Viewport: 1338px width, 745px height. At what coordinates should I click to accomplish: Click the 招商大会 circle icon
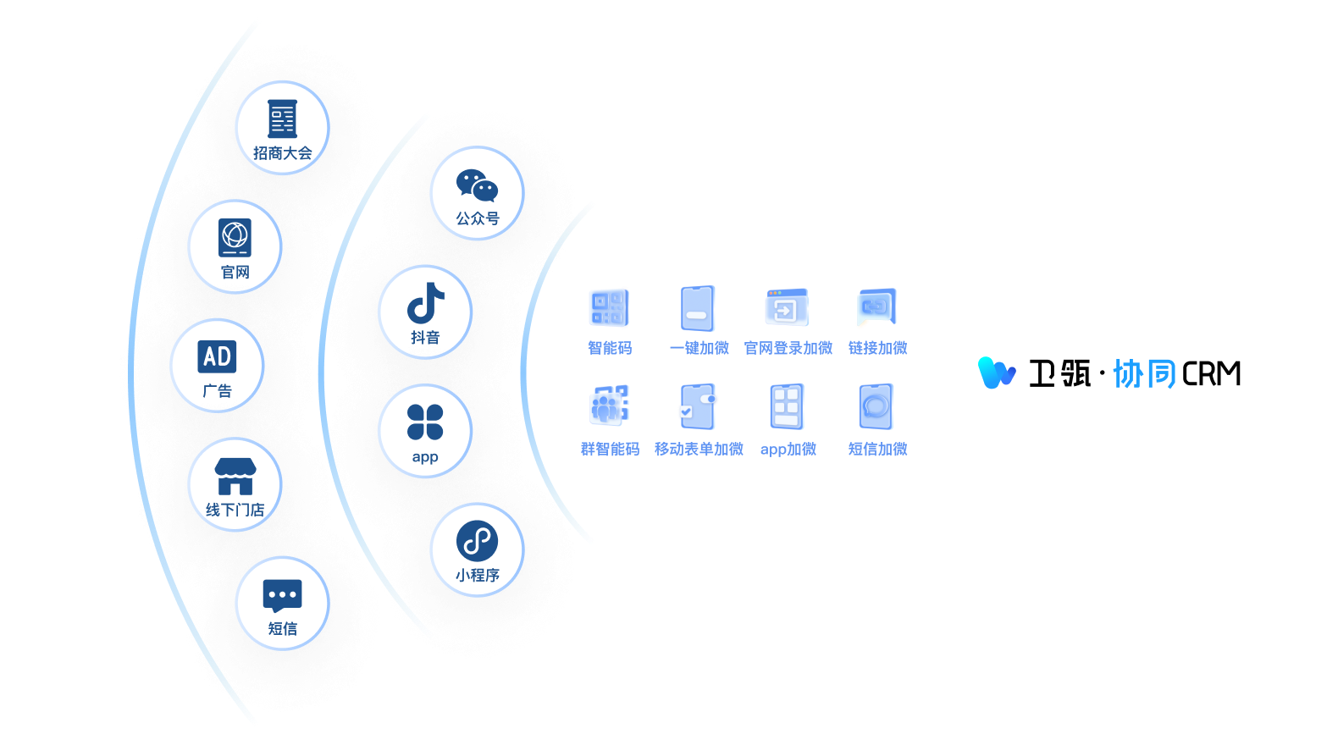282,119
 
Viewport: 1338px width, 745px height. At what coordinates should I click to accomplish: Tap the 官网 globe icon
235,237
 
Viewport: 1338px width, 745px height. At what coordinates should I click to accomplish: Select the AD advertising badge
217,356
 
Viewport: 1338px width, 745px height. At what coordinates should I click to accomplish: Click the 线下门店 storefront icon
235,476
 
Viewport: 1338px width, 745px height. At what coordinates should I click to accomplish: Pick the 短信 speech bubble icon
282,595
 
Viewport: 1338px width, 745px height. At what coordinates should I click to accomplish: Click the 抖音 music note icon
425,303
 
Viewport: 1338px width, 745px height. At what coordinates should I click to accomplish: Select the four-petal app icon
425,422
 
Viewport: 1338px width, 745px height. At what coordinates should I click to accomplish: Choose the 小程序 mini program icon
477,541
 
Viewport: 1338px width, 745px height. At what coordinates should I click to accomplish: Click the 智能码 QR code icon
609,308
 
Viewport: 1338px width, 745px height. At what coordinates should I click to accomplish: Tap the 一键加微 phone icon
698,308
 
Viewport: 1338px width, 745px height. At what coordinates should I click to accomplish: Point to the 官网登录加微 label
788,348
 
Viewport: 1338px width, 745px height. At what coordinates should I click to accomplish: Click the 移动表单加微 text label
699,449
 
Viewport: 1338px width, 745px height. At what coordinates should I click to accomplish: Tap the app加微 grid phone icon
787,407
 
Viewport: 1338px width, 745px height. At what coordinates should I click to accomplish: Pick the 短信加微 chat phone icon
876,407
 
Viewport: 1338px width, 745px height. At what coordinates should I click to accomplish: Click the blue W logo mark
996,372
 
